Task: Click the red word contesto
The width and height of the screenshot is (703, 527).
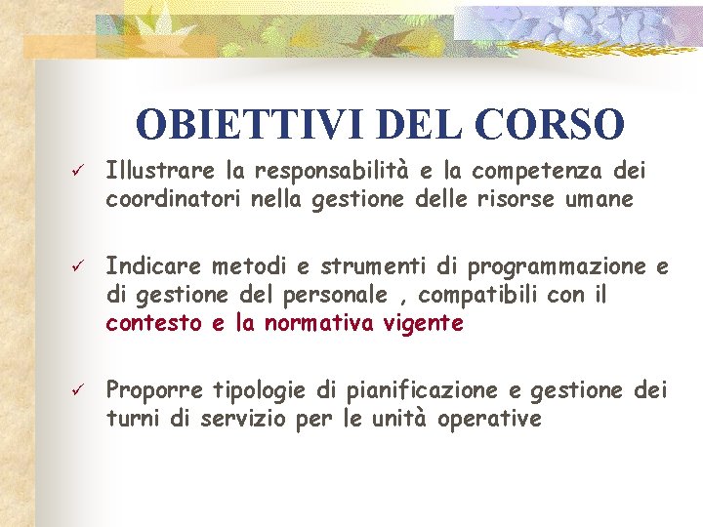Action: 154,322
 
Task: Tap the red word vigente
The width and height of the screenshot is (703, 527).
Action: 426,322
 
